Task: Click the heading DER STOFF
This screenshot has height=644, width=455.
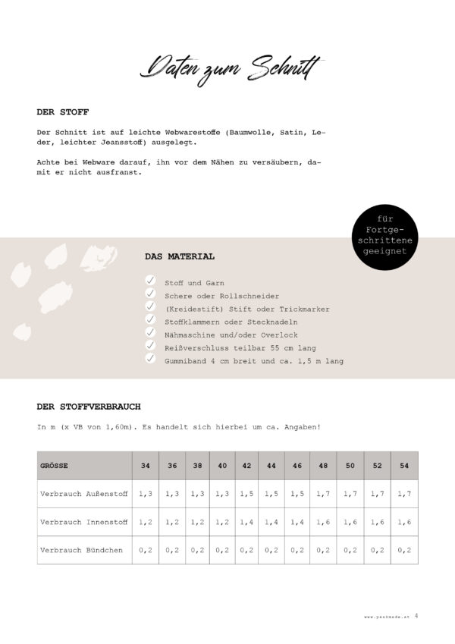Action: pos(62,112)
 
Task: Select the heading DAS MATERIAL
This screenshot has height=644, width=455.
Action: pos(179,256)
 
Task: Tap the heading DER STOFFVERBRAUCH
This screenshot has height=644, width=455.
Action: pos(88,406)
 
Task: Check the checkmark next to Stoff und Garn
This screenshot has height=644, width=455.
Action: pos(150,281)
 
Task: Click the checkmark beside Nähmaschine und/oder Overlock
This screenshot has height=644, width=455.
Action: pos(150,333)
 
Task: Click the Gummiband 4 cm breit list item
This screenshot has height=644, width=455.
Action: pos(253,361)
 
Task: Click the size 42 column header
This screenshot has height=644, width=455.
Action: pos(246,465)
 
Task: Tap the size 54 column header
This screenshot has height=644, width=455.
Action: pos(403,465)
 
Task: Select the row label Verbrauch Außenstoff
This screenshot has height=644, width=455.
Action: pos(83,493)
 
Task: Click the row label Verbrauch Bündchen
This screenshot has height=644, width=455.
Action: pos(81,550)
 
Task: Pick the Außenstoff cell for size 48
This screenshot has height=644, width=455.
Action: pos(322,493)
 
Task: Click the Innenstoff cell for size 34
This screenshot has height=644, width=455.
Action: pos(145,522)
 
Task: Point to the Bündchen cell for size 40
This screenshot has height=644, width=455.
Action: pos(221,550)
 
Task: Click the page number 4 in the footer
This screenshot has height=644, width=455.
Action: pos(416,616)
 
